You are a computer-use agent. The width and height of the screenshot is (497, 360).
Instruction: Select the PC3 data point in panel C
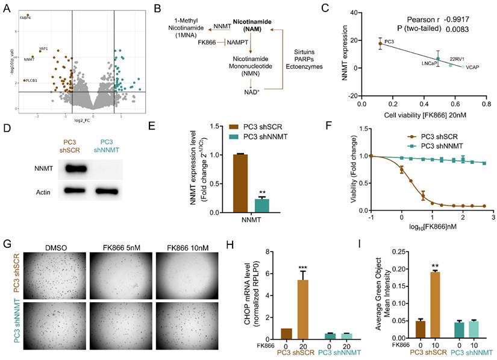point(380,43)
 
